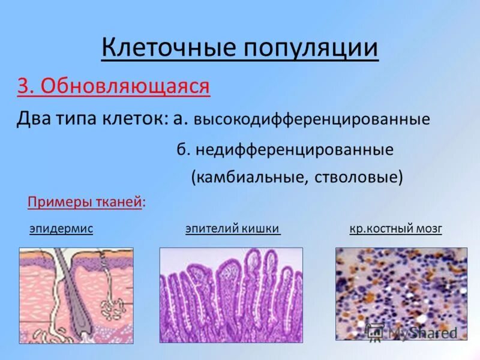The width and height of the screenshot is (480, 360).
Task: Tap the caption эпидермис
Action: [x=61, y=229]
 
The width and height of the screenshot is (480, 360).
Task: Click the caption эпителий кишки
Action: [x=233, y=229]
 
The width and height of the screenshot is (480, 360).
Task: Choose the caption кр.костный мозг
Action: [x=395, y=229]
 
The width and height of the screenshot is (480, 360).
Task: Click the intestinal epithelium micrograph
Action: [x=231, y=295]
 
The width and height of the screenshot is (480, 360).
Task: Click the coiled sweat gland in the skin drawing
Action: [x=112, y=306]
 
